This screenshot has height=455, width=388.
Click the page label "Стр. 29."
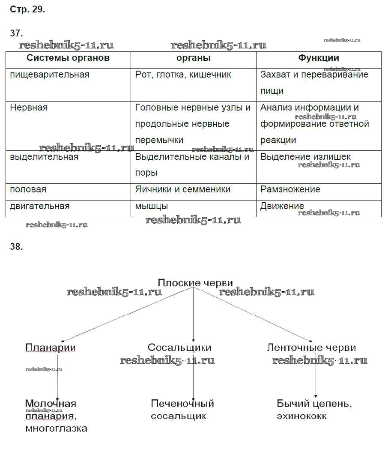click(27, 10)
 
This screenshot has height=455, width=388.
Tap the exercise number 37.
click(16, 34)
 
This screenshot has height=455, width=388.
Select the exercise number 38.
click(16, 247)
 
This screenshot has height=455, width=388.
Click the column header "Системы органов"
click(68, 58)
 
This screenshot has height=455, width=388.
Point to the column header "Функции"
click(319, 58)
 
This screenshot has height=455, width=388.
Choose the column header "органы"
click(194, 58)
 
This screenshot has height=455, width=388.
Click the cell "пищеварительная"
click(50, 75)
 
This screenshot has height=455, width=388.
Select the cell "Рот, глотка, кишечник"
click(183, 75)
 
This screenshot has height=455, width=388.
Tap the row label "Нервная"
click(29, 108)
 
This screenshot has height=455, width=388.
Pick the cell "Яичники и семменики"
click(183, 189)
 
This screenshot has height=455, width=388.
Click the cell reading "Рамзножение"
click(290, 189)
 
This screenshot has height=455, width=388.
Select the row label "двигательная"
click(40, 206)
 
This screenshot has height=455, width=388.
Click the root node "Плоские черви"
click(195, 283)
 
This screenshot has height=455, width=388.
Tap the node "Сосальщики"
click(179, 347)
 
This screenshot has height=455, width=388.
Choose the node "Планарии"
click(50, 347)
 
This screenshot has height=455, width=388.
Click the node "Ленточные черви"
click(311, 347)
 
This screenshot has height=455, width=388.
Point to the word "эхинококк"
click(302, 416)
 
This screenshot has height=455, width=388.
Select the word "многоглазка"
click(56, 428)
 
